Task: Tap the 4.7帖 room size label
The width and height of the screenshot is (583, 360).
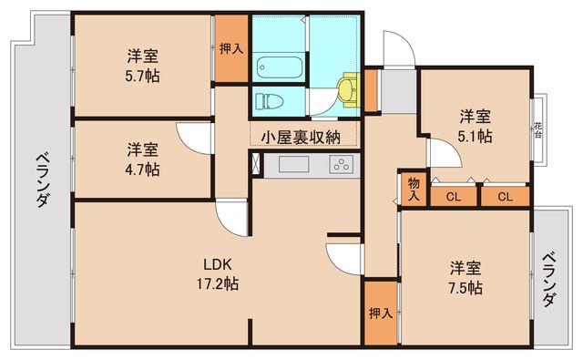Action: pos(142,170)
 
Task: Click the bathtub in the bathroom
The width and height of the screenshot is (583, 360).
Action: pos(278,66)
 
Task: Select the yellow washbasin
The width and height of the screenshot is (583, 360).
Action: pos(345,87)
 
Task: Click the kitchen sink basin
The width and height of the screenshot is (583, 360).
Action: pos(294,165)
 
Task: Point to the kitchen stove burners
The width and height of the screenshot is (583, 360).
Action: pos(341,165)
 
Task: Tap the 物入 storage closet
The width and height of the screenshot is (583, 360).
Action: pos(414,189)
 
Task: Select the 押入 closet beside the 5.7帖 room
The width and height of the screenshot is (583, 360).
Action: pos(230,49)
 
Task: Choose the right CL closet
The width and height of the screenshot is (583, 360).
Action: pos(504,195)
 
